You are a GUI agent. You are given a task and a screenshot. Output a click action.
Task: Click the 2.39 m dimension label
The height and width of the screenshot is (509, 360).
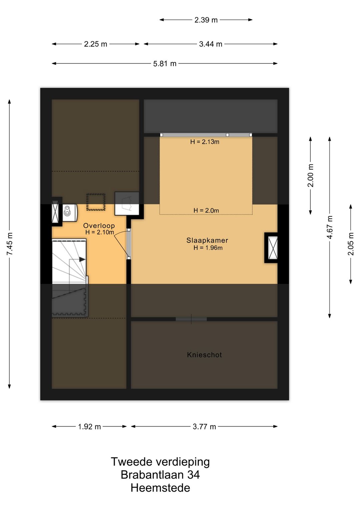click(206, 20)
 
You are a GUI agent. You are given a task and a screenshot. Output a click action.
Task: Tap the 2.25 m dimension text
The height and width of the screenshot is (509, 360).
click(95, 44)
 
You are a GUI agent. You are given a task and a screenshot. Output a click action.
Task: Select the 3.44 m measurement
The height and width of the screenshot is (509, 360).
click(211, 44)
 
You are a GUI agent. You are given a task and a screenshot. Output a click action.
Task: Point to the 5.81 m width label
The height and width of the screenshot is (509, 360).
click(165, 64)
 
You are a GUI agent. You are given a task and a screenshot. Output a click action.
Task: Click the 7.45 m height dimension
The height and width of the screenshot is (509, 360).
click(10, 244)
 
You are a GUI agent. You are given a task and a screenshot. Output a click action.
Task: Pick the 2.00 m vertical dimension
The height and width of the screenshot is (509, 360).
click(310, 175)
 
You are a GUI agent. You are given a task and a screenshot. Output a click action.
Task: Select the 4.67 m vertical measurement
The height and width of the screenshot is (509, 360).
click(330, 227)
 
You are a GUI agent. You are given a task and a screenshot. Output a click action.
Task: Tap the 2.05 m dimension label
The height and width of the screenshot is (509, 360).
click(351, 244)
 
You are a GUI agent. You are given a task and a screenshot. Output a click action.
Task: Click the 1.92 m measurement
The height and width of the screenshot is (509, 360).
click(89, 427)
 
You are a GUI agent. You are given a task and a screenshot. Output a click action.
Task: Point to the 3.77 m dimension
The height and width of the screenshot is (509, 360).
click(204, 427)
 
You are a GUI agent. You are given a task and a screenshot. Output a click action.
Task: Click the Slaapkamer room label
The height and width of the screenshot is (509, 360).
click(207, 240)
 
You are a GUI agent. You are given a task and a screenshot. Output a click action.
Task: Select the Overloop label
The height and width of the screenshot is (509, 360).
click(99, 225)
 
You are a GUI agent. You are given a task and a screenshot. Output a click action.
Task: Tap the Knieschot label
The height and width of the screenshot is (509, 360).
click(204, 355)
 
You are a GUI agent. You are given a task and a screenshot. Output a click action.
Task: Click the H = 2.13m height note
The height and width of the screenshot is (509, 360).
click(205, 142)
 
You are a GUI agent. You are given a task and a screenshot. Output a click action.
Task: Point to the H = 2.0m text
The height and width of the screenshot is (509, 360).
click(206, 210)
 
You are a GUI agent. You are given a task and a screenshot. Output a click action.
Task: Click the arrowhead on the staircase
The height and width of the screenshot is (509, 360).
click(82, 259)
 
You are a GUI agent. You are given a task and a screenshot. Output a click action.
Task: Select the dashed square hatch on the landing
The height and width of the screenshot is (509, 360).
click(96, 202)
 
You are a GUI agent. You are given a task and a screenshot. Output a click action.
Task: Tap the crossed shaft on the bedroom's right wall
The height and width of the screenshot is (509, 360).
click(273, 248)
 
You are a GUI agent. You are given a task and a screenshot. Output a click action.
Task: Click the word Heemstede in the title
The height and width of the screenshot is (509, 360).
click(160, 488)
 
